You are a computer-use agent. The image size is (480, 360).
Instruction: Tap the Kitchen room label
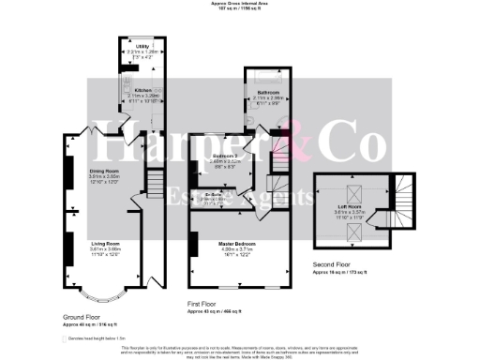coord(143,90)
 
